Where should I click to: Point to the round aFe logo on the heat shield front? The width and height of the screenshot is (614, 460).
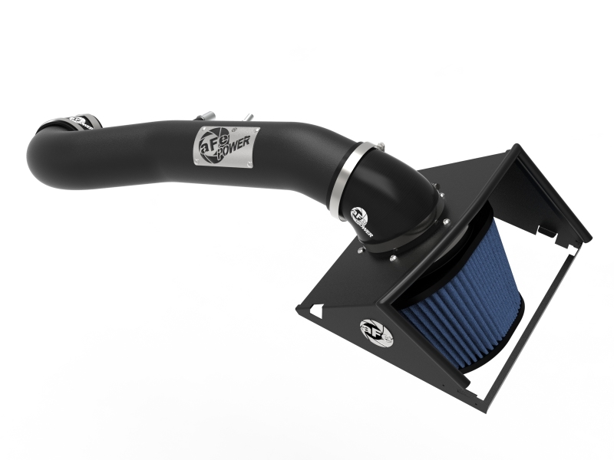click(375, 330)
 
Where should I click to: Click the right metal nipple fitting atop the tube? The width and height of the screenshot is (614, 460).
click(248, 117)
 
